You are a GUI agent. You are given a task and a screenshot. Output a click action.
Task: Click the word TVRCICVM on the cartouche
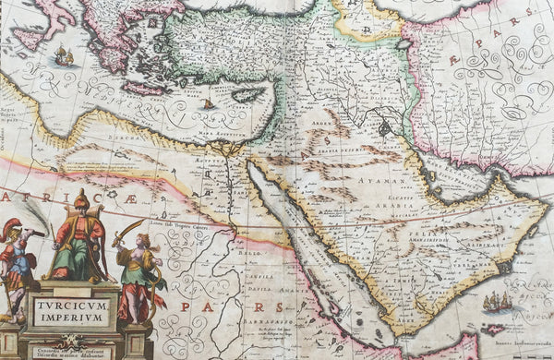tap(71, 302)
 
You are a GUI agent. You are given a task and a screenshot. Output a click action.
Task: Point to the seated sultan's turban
tap(80, 200)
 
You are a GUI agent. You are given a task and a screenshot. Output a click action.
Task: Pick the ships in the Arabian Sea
tap(499, 302)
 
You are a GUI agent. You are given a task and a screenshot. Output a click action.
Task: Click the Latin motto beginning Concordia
tap(70, 351)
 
